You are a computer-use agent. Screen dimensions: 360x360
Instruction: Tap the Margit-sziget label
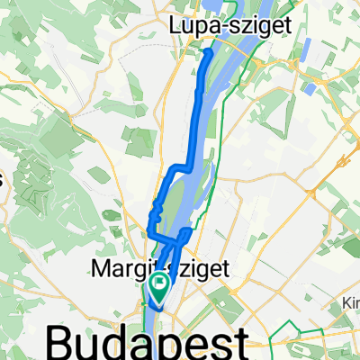click(x=152, y=267)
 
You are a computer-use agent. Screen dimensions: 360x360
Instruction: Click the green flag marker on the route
click(x=160, y=288)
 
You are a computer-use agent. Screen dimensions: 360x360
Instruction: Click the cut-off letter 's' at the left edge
click(x=3, y=179)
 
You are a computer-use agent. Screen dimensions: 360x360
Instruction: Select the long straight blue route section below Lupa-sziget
click(x=195, y=117)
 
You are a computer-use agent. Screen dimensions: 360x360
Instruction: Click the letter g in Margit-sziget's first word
click(x=139, y=270)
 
